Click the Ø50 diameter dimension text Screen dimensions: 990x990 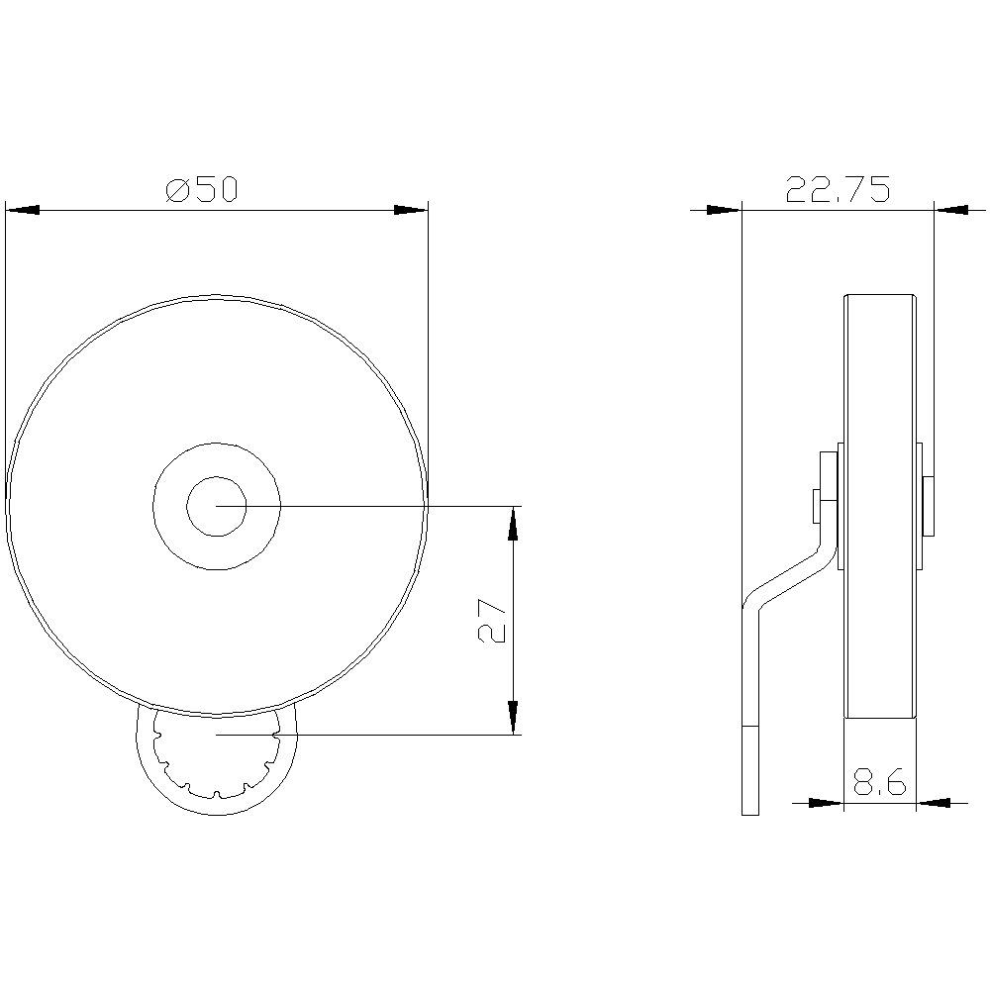pos(203,190)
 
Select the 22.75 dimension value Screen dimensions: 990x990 pos(838,189)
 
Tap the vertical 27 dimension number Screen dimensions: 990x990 pos(493,621)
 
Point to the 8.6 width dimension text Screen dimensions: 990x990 pos(879,784)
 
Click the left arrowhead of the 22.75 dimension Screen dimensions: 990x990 pos(724,210)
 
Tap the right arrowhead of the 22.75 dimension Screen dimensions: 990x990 pos(951,210)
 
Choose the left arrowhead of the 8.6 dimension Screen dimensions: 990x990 pos(826,802)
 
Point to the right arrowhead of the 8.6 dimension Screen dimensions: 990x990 pos(934,802)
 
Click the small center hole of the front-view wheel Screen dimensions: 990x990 pos(216,506)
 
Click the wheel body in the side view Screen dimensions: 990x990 pos(879,396)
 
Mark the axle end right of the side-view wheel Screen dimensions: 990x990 pos(929,506)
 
